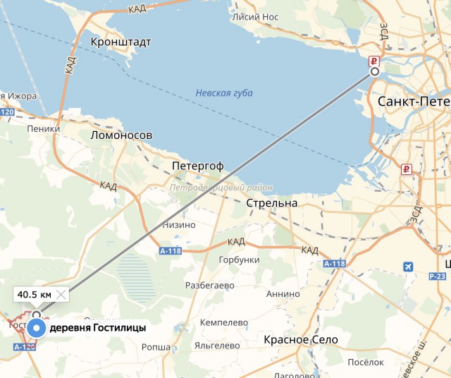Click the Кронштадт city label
point(121,42)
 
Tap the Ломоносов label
point(121,135)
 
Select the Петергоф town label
point(198,166)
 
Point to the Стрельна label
point(272,203)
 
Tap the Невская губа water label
point(224,93)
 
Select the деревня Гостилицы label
point(98,329)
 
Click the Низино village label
point(179,225)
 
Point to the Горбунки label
point(240,260)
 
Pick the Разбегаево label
point(209,286)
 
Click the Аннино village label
point(283,293)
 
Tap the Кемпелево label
point(224,322)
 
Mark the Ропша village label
point(156,347)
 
